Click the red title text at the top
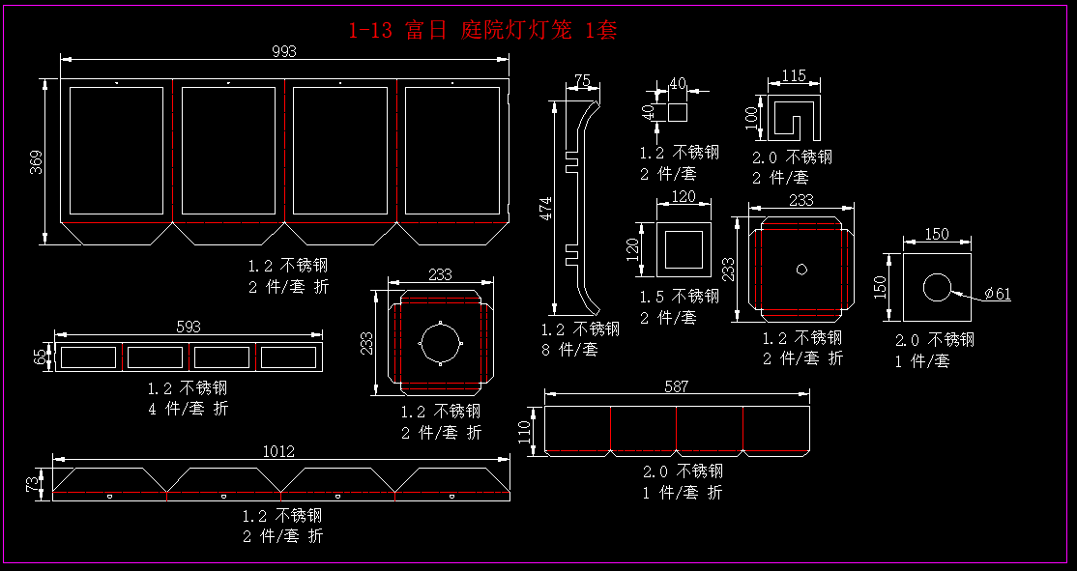481,31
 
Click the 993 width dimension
284,51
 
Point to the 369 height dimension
36,162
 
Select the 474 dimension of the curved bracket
545,207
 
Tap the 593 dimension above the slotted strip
189,328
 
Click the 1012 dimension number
279,451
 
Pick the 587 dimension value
677,386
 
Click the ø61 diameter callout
997,294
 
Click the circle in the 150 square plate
937,288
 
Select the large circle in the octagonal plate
441,343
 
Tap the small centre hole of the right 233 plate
800,269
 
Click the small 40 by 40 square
677,112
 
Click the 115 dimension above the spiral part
794,75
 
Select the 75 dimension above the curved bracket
582,80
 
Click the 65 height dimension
40,357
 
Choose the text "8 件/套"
570,350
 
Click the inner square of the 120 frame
684,250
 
